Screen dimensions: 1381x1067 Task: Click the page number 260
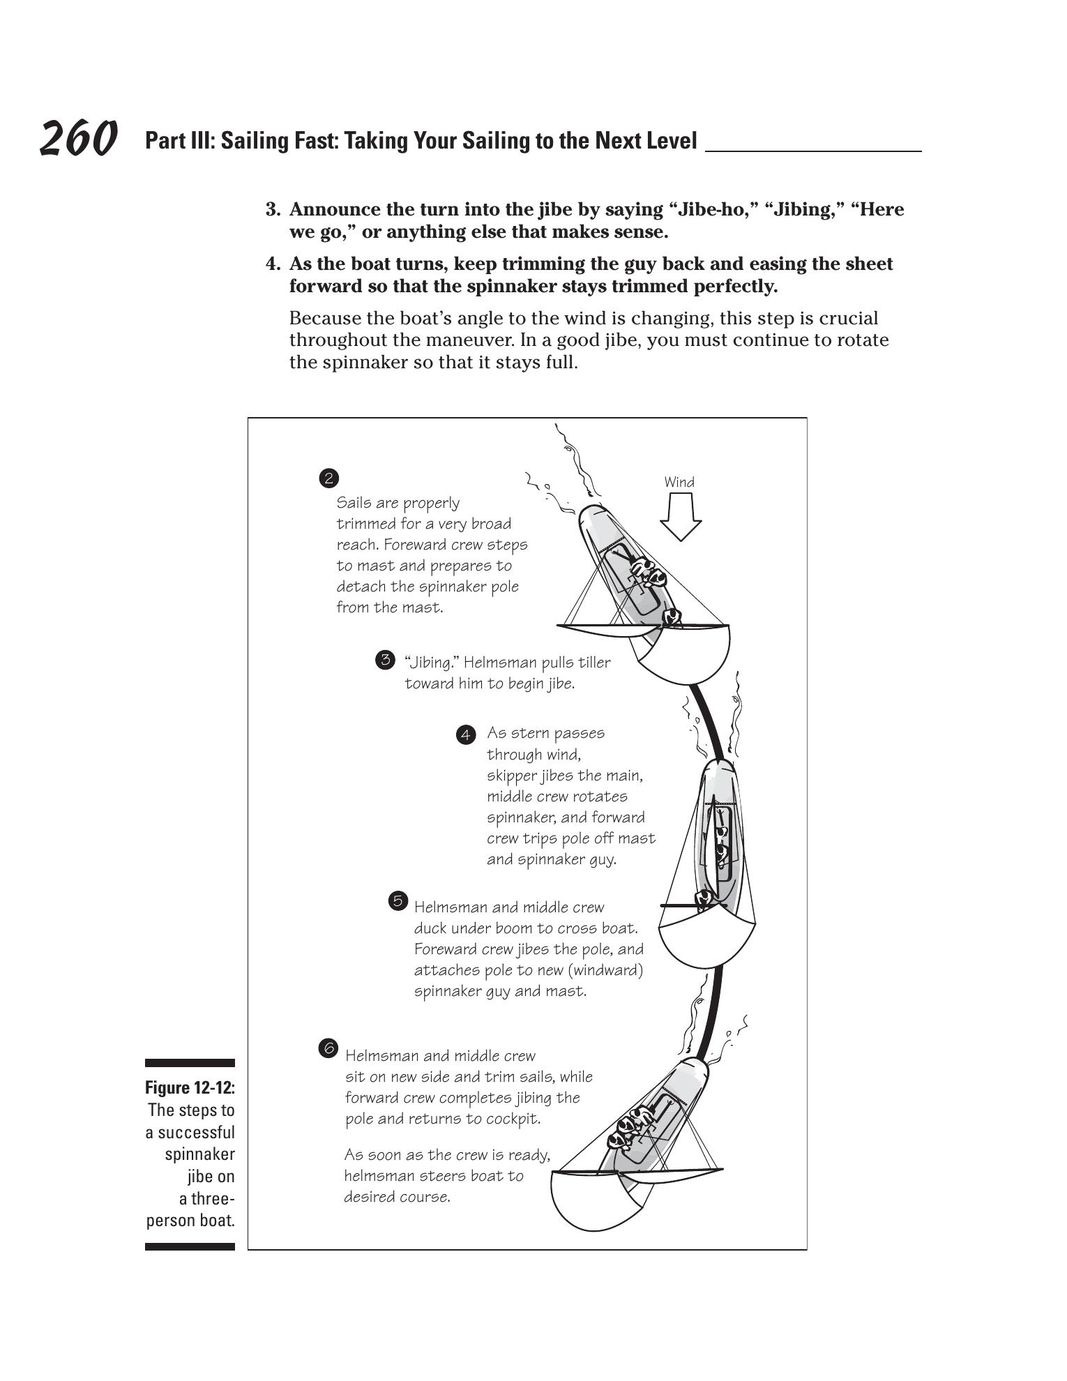(78, 138)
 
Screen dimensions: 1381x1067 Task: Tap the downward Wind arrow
(680, 517)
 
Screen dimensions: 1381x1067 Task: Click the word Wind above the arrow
(679, 482)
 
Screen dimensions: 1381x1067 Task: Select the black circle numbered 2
(328, 478)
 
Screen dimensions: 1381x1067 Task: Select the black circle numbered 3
(385, 660)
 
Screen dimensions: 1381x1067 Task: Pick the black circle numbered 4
(466, 734)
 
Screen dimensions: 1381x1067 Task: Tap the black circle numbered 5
(398, 901)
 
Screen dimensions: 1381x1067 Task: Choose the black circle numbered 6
(328, 1048)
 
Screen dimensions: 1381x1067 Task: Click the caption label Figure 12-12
(190, 1088)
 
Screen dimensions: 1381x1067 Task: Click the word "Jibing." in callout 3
(431, 663)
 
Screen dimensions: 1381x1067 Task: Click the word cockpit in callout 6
(515, 1119)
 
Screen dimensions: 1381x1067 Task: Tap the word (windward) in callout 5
(610, 970)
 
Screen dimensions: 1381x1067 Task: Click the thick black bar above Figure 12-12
(190, 1063)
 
